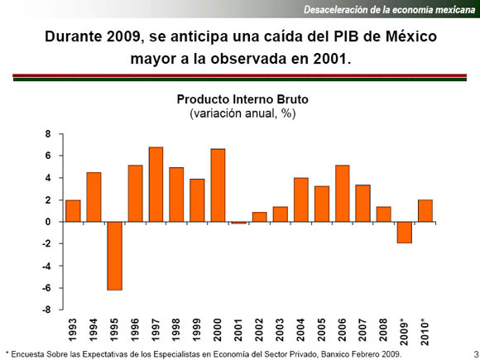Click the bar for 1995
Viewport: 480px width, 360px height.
115,256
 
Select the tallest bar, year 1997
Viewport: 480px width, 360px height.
156,185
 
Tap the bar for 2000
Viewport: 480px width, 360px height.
218,185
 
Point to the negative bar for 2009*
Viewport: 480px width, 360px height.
405,233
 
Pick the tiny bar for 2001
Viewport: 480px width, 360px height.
239,223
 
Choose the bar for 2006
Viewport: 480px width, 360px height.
343,194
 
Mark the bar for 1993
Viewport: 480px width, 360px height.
73,211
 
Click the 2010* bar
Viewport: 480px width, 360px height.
425,210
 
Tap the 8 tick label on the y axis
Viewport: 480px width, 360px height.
48,134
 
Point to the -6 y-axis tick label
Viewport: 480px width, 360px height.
46,288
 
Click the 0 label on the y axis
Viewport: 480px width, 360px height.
48,222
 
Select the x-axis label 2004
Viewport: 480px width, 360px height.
301,329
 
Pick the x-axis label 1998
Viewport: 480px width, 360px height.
176,329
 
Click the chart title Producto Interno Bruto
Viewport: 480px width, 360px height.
242,99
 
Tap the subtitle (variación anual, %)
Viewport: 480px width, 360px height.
242,113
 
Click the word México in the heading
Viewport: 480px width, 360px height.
411,36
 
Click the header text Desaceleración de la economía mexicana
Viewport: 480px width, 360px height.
390,10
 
